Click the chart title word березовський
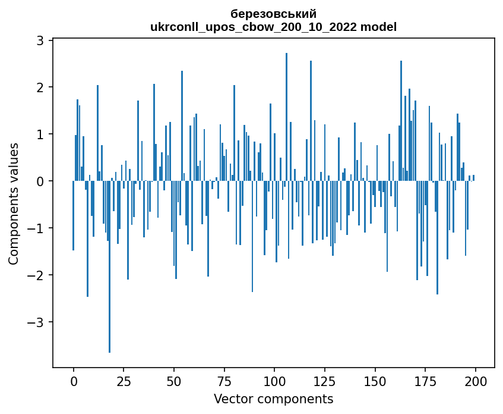coord(273,14)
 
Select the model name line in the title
coord(273,27)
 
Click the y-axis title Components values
coord(13,203)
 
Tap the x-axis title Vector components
coord(273,399)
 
